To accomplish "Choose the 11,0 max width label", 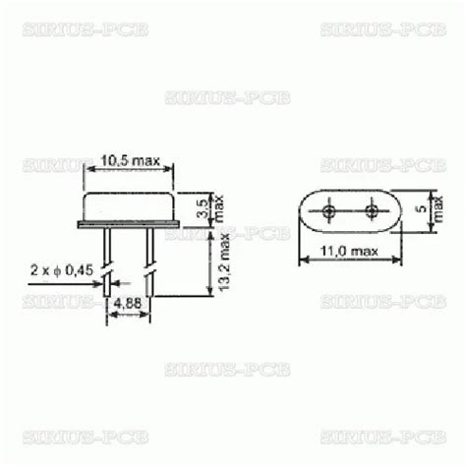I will pyautogui.click(x=349, y=252).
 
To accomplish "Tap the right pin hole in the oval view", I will pyautogui.click(x=372, y=211).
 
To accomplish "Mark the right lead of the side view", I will pyautogui.click(x=149, y=251).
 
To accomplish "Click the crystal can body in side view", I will pyautogui.click(x=129, y=207).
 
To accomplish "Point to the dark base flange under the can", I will pyautogui.click(x=129, y=225).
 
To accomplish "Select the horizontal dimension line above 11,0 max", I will pyautogui.click(x=349, y=262).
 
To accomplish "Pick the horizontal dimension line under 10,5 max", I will pyautogui.click(x=129, y=170).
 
